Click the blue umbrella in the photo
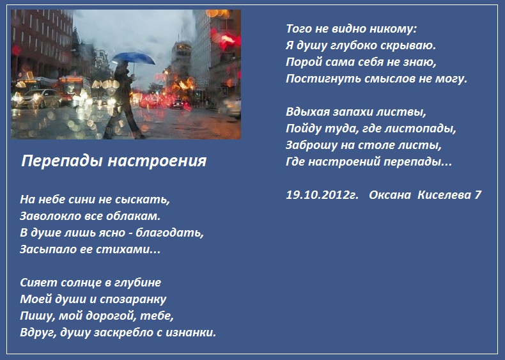point(134,58)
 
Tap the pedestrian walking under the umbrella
point(124,100)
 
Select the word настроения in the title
point(157,161)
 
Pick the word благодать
point(170,233)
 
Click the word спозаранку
point(133,299)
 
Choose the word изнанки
point(190,333)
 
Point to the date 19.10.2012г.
point(322,195)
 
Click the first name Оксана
point(390,195)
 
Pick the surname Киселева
point(444,195)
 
